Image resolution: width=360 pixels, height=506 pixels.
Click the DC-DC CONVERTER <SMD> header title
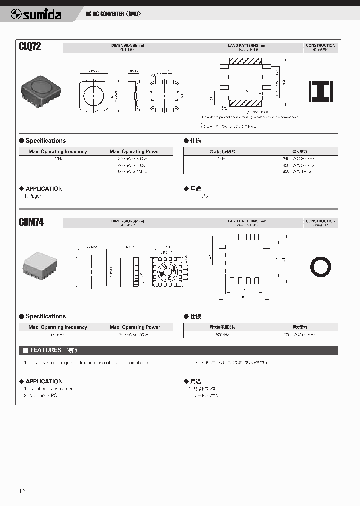tap(113, 14)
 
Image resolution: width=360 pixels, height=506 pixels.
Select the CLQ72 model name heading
tap(30, 47)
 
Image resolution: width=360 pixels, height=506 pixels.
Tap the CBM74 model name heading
tap(31, 222)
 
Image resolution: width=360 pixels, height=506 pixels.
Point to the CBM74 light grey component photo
tap(40, 264)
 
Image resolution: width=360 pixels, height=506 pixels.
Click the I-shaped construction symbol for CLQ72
tap(320, 92)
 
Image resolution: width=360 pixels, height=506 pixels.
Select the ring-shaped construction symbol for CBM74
tap(320, 267)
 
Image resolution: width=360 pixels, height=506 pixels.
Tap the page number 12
tap(22, 491)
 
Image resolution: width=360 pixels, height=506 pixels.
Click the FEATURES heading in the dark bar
tap(47, 350)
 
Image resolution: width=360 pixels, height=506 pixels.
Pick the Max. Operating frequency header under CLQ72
tap(57, 151)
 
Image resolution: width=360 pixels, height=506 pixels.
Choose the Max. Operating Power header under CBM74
tap(135, 327)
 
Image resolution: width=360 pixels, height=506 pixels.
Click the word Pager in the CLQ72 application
tap(35, 196)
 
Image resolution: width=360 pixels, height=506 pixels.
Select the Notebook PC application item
tap(43, 395)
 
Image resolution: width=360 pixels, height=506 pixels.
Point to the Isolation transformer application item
tap(50, 388)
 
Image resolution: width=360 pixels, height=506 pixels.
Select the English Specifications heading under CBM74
tap(45, 316)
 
